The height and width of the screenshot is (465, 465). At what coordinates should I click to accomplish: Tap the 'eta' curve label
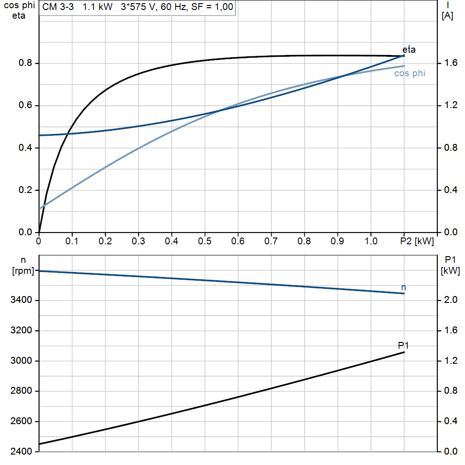point(409,49)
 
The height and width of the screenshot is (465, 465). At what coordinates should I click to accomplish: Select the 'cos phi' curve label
point(410,73)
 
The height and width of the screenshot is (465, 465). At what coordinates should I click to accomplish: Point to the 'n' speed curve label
point(404,287)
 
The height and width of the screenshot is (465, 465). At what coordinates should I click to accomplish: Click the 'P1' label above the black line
point(403,346)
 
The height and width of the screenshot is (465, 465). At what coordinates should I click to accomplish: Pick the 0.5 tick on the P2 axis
point(205,241)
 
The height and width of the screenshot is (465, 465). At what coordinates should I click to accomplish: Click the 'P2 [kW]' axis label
point(417,241)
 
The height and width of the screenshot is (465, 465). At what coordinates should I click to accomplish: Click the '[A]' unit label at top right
point(447,16)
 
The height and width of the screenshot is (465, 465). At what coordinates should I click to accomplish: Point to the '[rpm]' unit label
point(23,271)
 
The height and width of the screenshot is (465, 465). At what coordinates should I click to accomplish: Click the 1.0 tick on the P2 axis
point(371,241)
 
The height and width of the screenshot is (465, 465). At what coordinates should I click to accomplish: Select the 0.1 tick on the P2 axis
point(72,241)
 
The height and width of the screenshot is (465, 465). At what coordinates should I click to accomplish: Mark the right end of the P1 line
point(404,352)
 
